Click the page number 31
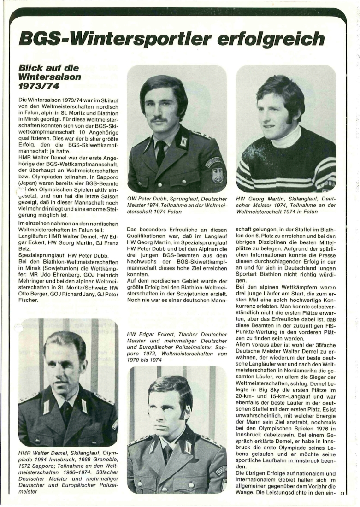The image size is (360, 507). [x=342, y=494]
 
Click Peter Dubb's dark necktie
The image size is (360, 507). [x=161, y=153]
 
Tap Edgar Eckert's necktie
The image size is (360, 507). [x=166, y=454]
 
